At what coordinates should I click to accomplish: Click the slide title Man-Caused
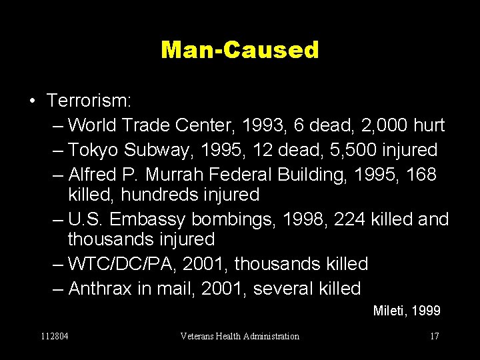pyautogui.click(x=240, y=49)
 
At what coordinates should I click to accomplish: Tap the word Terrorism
pyautogui.click(x=89, y=101)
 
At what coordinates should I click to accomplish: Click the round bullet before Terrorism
pyautogui.click(x=32, y=101)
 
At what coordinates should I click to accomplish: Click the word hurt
pyautogui.click(x=429, y=125)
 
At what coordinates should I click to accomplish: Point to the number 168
pyautogui.click(x=422, y=174)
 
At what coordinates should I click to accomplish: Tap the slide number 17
pyautogui.click(x=434, y=336)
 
